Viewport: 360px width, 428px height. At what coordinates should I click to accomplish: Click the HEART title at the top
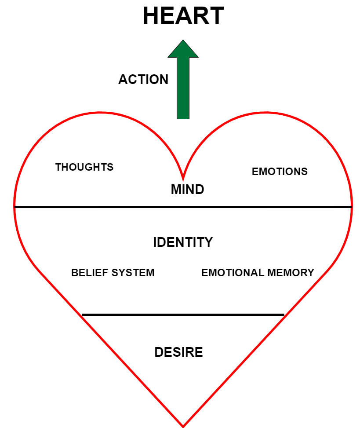click(x=183, y=16)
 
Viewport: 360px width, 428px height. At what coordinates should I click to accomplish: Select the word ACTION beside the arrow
click(x=143, y=80)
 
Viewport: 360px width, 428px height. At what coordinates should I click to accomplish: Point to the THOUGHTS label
click(x=84, y=167)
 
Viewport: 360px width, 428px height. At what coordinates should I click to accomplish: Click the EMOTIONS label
click(x=280, y=172)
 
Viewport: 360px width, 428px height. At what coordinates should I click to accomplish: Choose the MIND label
click(x=187, y=190)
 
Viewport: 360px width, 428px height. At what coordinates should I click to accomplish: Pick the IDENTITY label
click(x=183, y=242)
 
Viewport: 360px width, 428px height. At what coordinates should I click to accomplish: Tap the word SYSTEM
click(x=133, y=273)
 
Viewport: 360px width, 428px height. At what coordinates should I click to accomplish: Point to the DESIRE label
click(x=178, y=352)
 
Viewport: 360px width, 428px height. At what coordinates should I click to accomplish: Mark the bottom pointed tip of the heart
click(x=183, y=425)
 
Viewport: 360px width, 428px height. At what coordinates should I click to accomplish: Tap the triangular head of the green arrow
click(x=183, y=49)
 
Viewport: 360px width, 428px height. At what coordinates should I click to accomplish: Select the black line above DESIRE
click(x=183, y=315)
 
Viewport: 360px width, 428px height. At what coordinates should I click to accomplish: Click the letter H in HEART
click(x=151, y=16)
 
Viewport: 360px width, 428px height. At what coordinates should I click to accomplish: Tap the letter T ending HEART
click(x=216, y=16)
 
